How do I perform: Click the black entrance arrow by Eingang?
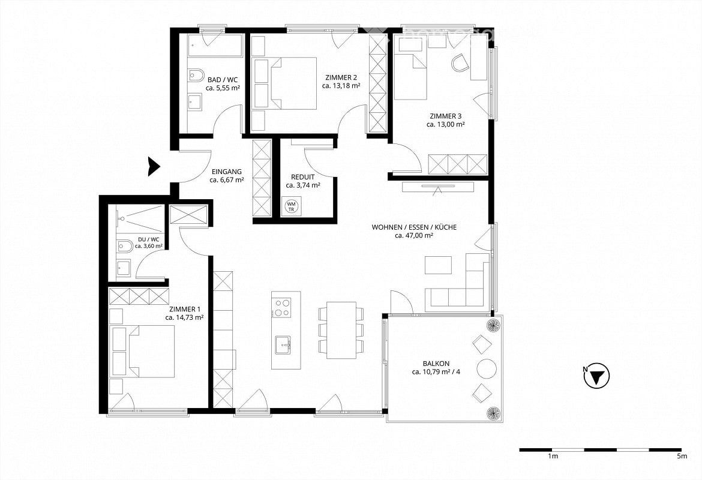(154, 167)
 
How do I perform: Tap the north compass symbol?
(597, 376)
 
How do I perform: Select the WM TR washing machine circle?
(292, 206)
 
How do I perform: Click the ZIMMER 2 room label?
(341, 77)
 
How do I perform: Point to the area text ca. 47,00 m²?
(413, 235)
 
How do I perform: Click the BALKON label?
(436, 364)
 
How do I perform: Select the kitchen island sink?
(283, 345)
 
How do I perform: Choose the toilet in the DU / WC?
(124, 246)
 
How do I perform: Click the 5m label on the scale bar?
(682, 457)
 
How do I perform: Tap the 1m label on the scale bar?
(553, 457)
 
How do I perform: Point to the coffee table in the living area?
(439, 265)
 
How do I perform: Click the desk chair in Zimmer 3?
(460, 62)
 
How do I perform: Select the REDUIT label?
(302, 177)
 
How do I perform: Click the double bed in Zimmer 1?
(143, 352)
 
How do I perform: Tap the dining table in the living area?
(341, 330)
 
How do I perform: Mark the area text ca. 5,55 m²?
(223, 88)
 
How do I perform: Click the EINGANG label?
(227, 172)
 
